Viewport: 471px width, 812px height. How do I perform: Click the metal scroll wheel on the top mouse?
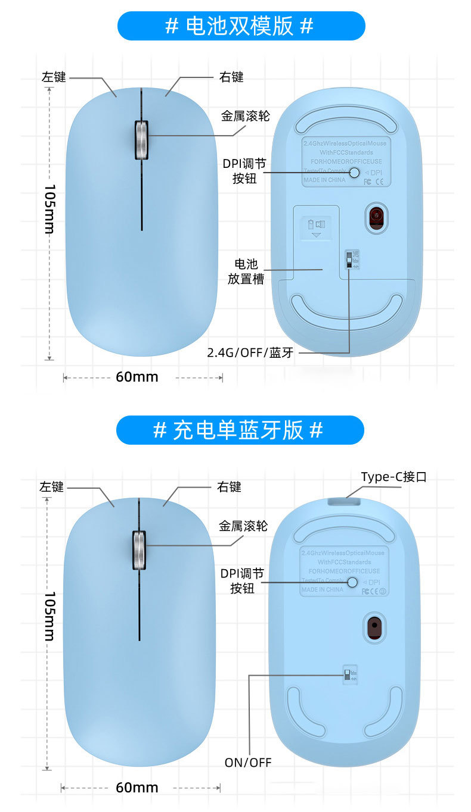coord(142,140)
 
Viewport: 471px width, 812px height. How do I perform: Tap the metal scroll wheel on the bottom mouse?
coord(139,551)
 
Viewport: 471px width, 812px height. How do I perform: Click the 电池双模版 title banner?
coord(240,26)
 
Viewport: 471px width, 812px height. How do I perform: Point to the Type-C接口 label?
coord(393,477)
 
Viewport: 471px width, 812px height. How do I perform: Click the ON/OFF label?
coord(248,762)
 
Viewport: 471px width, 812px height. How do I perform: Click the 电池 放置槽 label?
coord(246,271)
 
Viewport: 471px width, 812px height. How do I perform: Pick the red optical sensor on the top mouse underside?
coord(376,218)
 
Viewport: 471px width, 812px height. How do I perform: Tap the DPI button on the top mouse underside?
coord(355,173)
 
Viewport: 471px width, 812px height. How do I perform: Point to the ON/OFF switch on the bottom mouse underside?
coord(347,674)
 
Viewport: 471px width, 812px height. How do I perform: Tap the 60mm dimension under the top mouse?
coord(137,377)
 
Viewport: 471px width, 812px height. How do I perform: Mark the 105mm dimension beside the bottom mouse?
coord(50,616)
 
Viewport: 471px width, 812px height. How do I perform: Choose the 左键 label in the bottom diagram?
coord(52,486)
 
